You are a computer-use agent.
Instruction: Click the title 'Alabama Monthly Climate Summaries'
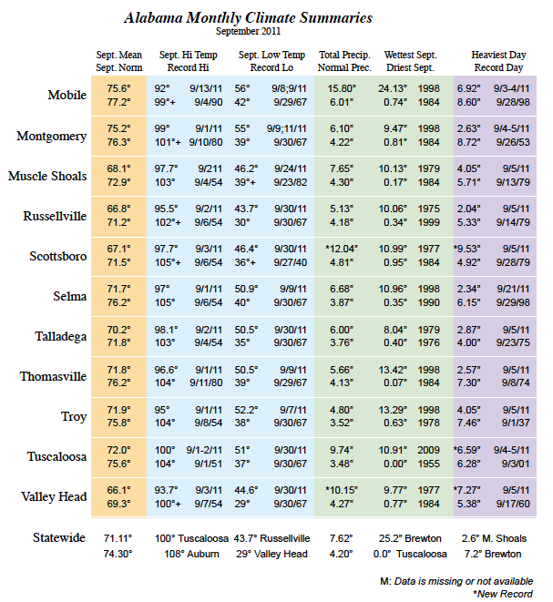[248, 18]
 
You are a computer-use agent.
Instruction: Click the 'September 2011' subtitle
[248, 31]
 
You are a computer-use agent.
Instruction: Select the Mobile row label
[67, 95]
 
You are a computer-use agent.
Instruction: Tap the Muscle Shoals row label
[47, 176]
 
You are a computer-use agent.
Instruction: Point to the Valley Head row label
[54, 496]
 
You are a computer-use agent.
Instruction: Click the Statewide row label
[59, 537]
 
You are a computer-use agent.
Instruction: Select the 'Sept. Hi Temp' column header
[189, 55]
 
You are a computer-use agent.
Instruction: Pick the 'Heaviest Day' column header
[498, 55]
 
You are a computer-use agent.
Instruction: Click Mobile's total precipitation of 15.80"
[342, 88]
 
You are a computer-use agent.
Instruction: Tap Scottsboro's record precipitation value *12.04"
[342, 249]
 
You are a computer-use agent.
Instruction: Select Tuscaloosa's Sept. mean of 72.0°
[118, 450]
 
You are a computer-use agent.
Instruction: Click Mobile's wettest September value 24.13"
[393, 88]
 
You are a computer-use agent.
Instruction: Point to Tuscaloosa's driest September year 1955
[428, 464]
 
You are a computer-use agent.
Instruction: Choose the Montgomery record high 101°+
[168, 142]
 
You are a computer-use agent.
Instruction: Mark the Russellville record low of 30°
[242, 222]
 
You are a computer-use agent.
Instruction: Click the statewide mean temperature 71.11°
[118, 538]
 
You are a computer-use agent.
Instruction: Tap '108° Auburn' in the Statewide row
[191, 554]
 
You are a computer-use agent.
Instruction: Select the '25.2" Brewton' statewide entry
[410, 538]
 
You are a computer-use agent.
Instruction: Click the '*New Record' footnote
[503, 594]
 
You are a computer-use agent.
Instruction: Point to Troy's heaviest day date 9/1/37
[516, 423]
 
